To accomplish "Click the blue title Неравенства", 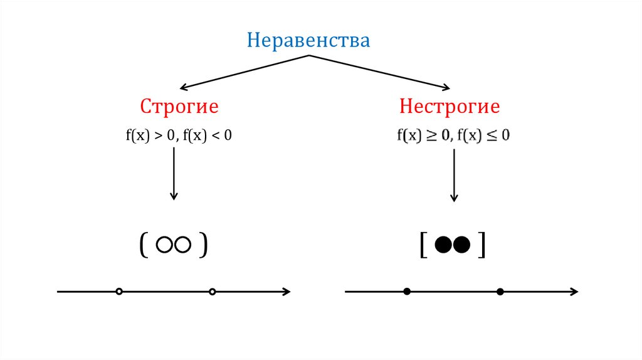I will point(308,41).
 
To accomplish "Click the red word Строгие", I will point(179,107).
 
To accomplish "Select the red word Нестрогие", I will point(450,107).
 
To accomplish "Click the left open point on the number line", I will point(119,291).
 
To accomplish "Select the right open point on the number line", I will point(212,291).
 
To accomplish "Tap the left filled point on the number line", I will point(407,291).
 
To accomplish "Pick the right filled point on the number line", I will point(500,291).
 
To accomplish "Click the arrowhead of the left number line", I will point(287,291).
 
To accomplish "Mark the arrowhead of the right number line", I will point(574,291).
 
